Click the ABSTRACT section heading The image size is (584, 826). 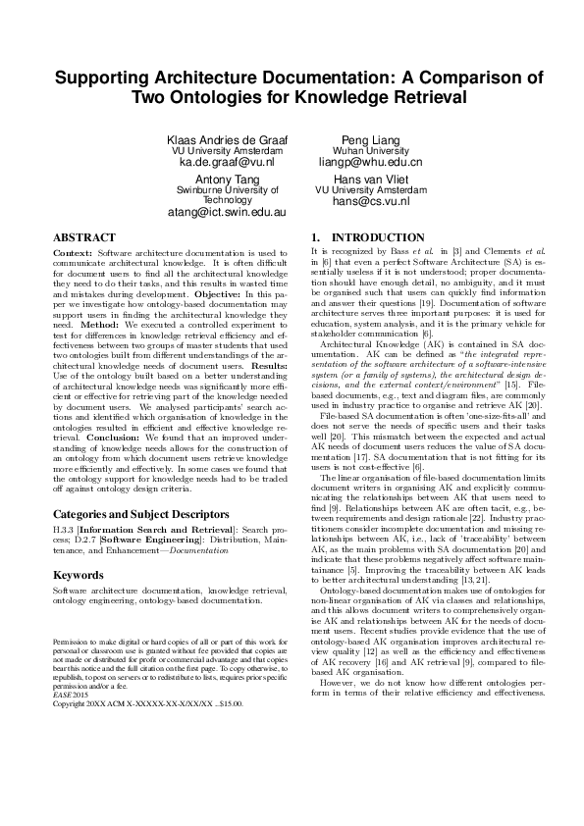coord(83,237)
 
